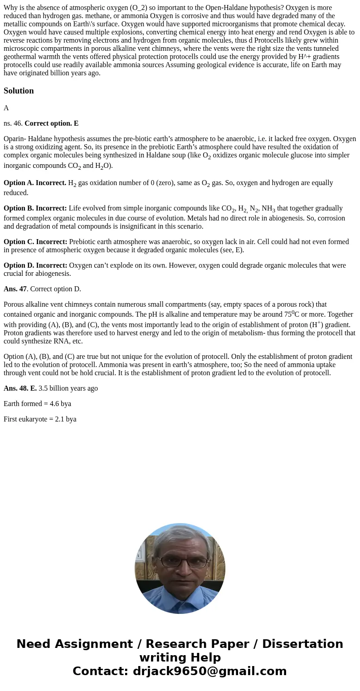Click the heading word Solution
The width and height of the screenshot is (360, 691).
click(19, 91)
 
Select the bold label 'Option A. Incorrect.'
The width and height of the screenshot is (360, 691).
click(35, 183)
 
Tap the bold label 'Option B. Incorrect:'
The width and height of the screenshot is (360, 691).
click(35, 208)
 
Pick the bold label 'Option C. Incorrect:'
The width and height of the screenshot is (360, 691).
click(35, 242)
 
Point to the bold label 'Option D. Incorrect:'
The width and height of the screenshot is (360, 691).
click(35, 265)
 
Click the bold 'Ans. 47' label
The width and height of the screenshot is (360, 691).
click(15, 289)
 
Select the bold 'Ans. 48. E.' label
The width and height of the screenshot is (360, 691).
click(20, 388)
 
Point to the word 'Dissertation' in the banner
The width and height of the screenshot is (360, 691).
click(302, 644)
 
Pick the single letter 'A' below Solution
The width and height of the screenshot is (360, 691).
click(6, 108)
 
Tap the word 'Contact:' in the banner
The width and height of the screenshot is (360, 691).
click(100, 671)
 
